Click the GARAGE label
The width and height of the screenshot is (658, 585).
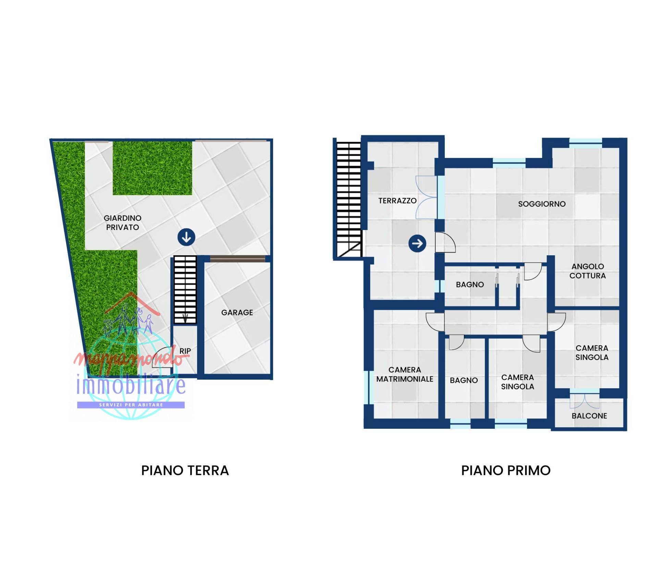[237, 313]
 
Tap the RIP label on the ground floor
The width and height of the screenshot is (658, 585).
[185, 351]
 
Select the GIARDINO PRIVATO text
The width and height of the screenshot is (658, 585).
[122, 222]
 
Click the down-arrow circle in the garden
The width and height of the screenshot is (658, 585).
[186, 237]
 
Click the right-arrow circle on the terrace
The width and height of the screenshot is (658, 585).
[417, 244]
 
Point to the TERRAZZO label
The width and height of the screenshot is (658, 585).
[397, 201]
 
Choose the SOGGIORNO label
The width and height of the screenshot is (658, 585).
[541, 204]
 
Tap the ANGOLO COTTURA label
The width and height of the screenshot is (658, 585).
[587, 271]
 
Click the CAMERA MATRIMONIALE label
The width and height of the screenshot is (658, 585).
[405, 374]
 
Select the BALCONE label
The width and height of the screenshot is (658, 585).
[589, 416]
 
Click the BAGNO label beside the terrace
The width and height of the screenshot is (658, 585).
[470, 284]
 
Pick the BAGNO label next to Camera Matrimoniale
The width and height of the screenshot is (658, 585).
[464, 380]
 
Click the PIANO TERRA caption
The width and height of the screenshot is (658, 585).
[185, 471]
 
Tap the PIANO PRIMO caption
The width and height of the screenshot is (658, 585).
[505, 471]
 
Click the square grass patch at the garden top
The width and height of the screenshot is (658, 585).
[152, 168]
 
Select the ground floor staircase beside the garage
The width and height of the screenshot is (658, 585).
[185, 290]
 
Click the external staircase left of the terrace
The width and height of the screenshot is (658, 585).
[348, 199]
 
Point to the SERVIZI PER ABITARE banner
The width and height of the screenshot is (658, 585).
[131, 405]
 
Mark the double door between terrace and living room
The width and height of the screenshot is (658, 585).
[427, 197]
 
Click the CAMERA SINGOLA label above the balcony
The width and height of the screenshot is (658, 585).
[592, 353]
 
